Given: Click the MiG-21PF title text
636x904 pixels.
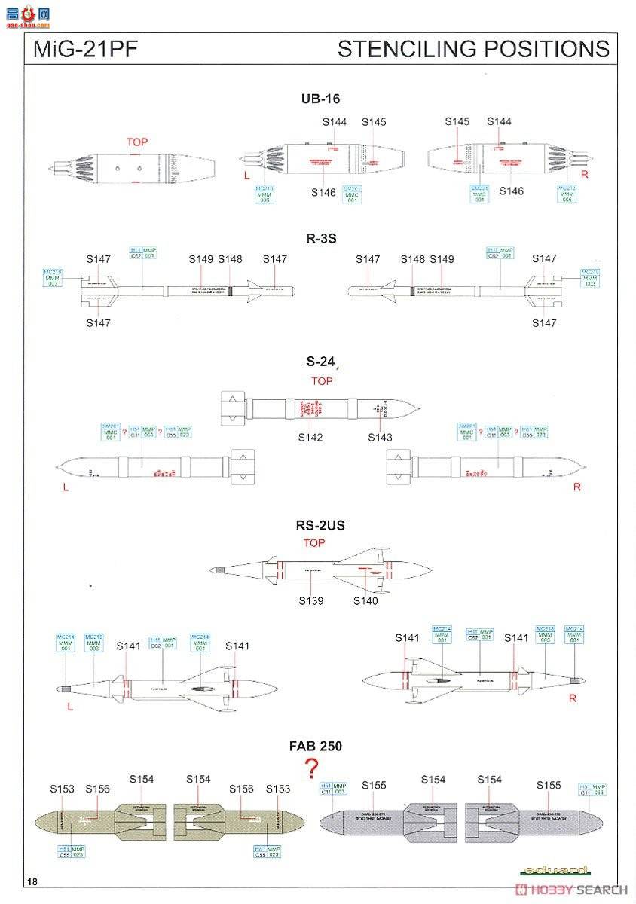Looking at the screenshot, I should coord(75,50).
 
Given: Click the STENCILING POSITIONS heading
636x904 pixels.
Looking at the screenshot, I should coord(473,50).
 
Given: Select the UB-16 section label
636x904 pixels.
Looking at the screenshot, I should coord(320,99).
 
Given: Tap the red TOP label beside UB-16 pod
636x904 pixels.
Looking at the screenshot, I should coord(137,142).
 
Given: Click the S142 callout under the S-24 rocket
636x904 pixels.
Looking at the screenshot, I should coord(310,437).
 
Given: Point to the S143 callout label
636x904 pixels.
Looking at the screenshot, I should coord(380,437).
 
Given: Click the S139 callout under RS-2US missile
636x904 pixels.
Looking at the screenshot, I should coord(310,600).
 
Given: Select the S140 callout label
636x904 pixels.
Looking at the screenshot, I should coord(365,600).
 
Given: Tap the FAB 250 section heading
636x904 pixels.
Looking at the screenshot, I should coord(316,746).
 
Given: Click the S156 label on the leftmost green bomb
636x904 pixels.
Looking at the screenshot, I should coord(97,789).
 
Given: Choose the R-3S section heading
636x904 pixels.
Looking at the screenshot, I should coord(321,238).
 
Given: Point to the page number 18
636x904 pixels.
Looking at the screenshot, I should coord(31,882).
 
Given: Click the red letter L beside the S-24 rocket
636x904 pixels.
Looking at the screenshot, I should coord(66,487).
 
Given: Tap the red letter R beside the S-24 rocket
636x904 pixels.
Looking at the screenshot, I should coord(577,487).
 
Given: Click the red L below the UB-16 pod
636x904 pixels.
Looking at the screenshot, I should coord(246,175).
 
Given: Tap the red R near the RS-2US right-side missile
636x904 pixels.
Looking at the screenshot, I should coord(573,698).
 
